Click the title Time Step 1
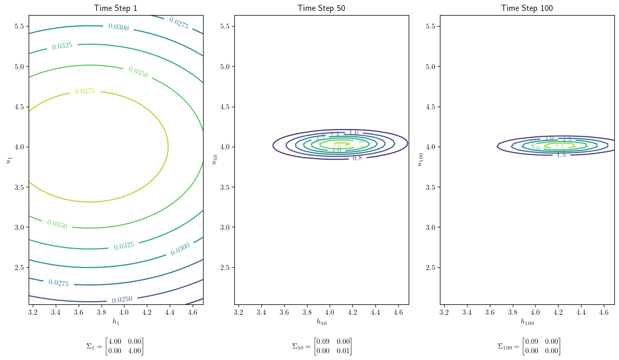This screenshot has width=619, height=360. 116,8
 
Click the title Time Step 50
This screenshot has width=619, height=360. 321,8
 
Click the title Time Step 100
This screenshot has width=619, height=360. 527,8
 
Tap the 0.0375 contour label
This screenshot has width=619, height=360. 85,92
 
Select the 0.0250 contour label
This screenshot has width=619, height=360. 122,300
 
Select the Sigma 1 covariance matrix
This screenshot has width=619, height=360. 115,346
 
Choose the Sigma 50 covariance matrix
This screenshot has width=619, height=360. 321,346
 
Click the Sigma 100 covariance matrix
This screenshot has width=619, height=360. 527,346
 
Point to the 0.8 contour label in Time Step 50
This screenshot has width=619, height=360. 357,158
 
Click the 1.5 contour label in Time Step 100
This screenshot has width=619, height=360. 561,155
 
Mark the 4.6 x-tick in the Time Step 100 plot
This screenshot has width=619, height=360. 603,312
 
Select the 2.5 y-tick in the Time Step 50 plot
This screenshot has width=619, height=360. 225,267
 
